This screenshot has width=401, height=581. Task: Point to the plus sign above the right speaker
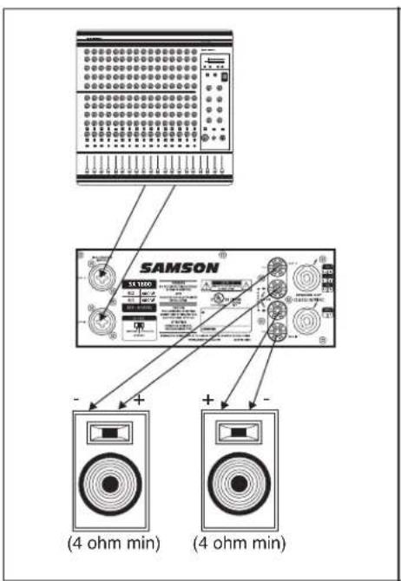pyautogui.click(x=209, y=399)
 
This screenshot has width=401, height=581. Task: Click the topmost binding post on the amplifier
pyautogui.click(x=276, y=265)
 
